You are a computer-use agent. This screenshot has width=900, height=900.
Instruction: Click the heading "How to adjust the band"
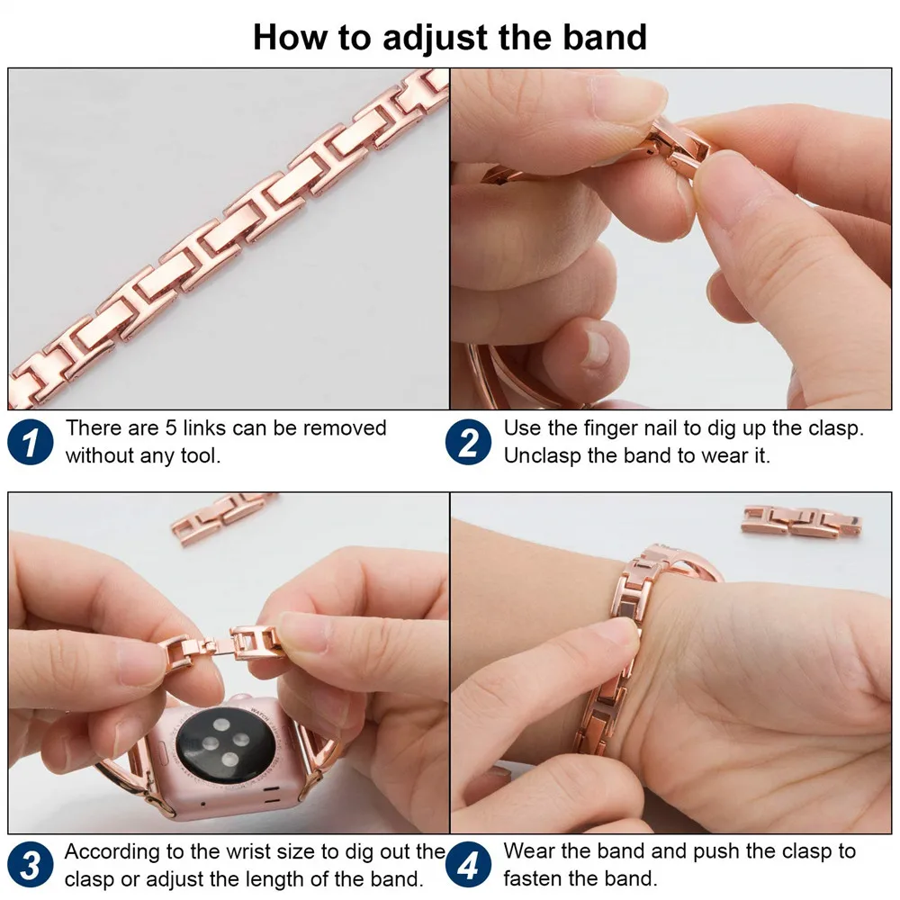coord(449,37)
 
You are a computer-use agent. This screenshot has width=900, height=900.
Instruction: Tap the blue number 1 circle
coord(31,442)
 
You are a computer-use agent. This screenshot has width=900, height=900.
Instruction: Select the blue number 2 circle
coord(469,442)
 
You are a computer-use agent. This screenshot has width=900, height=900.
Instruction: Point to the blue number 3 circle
coord(31,866)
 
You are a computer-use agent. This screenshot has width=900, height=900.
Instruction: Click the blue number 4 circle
coord(469,866)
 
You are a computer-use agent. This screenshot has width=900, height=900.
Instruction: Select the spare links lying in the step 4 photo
coord(801,522)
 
